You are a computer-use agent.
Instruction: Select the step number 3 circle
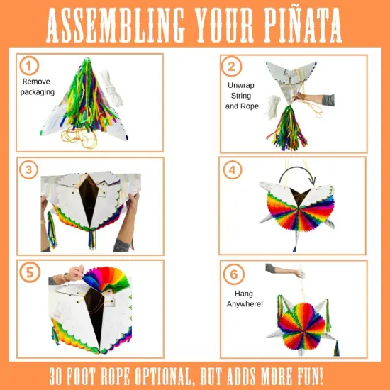[28, 170]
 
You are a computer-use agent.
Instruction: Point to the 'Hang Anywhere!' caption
[243, 299]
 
